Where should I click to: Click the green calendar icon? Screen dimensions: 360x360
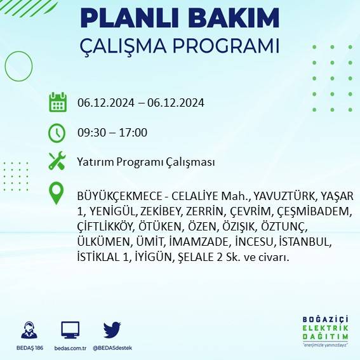point(57,102)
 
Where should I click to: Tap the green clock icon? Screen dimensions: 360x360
point(57,133)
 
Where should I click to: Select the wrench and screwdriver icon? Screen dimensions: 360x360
point(57,161)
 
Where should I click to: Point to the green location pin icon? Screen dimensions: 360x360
point(57,193)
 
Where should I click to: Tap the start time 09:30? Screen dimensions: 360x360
point(91,133)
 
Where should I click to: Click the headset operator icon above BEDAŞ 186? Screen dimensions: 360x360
point(28,331)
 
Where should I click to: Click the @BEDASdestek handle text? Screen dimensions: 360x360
point(112,348)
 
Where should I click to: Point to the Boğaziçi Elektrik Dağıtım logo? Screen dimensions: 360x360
point(326,330)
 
